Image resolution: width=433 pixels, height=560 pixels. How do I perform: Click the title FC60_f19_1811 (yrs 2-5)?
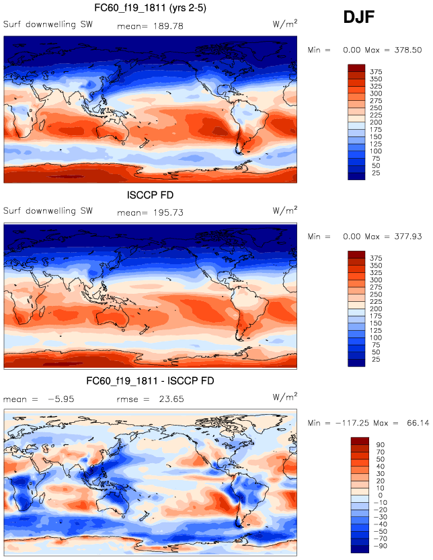(x=150, y=9)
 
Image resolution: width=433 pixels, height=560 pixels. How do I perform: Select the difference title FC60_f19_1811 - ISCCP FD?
(x=150, y=381)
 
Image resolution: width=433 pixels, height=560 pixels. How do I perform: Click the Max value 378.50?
(x=407, y=50)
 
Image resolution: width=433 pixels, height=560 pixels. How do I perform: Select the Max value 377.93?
(x=407, y=237)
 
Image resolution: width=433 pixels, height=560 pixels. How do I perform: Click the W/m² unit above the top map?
(x=285, y=24)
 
